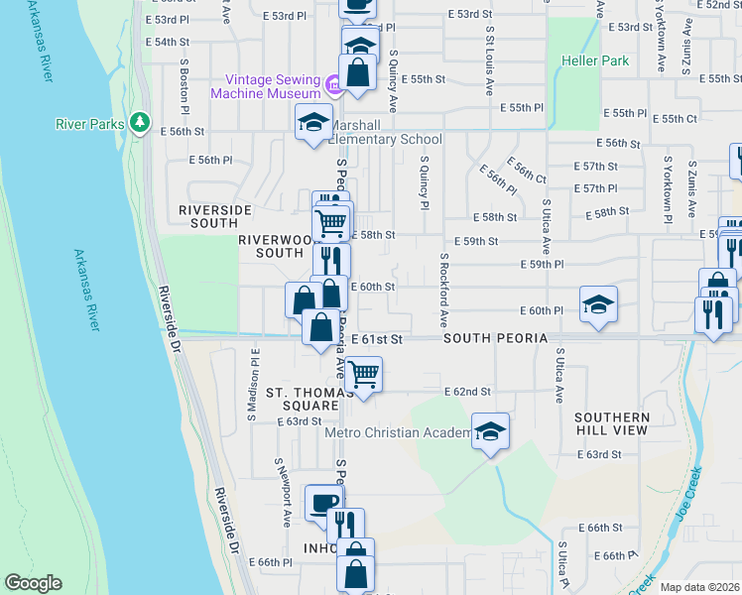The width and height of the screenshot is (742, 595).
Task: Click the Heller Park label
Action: click(x=602, y=60)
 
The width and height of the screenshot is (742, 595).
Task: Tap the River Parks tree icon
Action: click(x=141, y=123)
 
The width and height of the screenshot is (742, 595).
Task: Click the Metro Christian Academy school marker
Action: click(x=489, y=431)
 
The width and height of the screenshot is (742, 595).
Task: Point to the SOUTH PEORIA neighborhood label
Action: click(x=495, y=339)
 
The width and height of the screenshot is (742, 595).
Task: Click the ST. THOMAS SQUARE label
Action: click(x=309, y=400)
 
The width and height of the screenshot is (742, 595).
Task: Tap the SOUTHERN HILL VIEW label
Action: click(x=611, y=423)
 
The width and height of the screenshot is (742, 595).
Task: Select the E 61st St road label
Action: click(x=378, y=339)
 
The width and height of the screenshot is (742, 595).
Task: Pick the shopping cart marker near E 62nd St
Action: click(x=364, y=375)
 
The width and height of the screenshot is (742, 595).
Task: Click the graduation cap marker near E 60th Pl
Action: click(x=598, y=304)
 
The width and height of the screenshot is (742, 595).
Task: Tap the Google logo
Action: click(x=33, y=583)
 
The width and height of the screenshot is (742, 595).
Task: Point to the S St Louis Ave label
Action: click(x=489, y=59)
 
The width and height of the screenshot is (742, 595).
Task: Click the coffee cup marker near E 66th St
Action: click(x=323, y=503)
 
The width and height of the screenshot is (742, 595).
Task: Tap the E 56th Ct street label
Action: click(x=526, y=171)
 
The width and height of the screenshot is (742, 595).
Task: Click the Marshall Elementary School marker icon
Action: click(x=314, y=123)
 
